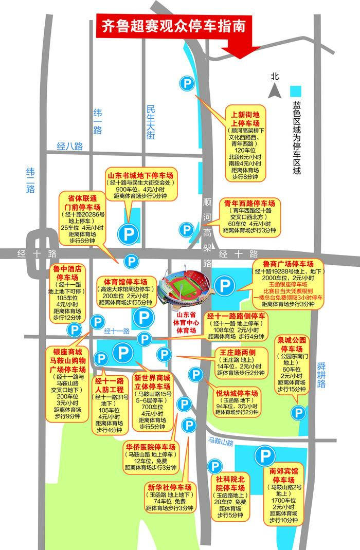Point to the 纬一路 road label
tap(98, 121)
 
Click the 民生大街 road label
tap(151, 122)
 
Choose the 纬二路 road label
tap(30, 180)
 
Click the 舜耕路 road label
tap(321, 376)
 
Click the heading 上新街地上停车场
tap(245, 119)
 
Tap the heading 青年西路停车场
tap(250, 203)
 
